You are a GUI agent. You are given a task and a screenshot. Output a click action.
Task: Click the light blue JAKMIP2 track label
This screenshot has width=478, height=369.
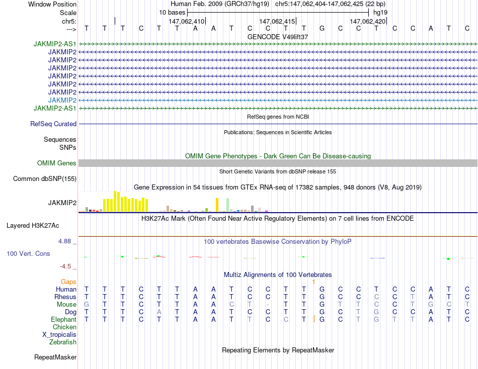[62, 100]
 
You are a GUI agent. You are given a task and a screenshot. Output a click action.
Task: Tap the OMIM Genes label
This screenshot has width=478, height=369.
[57, 163]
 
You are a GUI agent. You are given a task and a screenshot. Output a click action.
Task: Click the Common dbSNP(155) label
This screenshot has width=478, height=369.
[45, 178]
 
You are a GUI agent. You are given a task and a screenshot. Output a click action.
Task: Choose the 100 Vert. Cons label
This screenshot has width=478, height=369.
[28, 254]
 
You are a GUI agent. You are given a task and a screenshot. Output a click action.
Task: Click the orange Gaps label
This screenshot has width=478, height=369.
[68, 282]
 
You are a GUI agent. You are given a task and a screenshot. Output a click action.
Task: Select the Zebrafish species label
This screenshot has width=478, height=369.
[63, 342]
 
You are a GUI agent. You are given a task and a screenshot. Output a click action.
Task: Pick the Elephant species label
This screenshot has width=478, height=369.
[63, 319]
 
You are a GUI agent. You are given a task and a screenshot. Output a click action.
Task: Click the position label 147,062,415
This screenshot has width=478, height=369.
[277, 22]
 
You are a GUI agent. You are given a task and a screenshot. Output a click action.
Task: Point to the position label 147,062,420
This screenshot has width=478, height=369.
[367, 22]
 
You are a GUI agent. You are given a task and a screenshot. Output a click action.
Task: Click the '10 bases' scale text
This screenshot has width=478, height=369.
[172, 12]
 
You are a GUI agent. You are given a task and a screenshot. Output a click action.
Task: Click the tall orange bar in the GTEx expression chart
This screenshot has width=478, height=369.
[217, 205]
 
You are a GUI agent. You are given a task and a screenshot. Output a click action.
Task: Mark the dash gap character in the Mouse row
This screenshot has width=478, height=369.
[268, 304]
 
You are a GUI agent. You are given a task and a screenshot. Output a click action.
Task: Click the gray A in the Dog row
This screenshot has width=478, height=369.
[159, 312]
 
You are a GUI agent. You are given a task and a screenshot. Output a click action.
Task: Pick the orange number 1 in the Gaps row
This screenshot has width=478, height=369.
[313, 282]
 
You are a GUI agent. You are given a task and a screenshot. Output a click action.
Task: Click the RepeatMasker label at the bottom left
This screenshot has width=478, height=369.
[55, 357]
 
